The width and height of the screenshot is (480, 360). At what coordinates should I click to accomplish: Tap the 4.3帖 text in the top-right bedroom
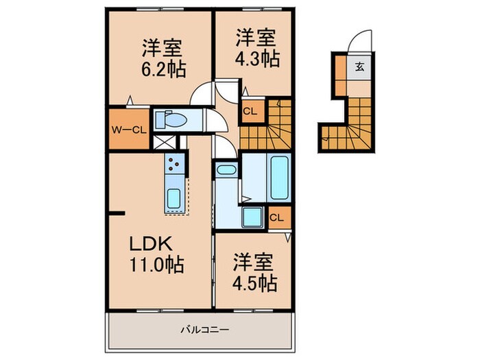(258, 59)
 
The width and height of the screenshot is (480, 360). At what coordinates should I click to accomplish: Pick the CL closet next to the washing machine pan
(278, 218)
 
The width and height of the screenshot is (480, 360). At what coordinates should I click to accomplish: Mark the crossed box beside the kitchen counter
(163, 143)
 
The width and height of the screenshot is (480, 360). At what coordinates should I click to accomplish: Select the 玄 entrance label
(360, 67)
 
